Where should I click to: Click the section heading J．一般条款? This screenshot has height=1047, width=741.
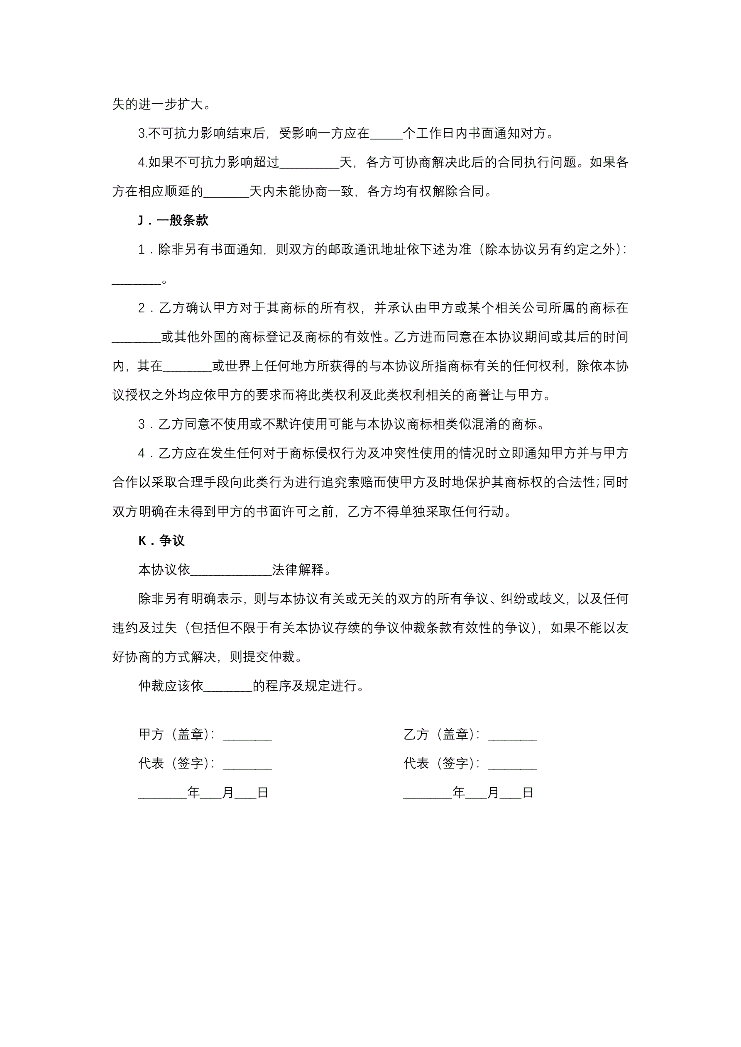174,221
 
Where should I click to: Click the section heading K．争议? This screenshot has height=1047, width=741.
161,541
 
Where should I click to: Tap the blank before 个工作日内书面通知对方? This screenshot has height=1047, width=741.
386,134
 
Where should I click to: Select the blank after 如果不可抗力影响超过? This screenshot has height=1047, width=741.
309,163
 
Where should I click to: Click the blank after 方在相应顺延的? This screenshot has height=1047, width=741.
226,192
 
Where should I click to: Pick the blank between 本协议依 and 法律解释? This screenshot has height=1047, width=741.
231,571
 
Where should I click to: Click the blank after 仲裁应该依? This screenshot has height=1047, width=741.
227,686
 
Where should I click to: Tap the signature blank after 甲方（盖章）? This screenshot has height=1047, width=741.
247,735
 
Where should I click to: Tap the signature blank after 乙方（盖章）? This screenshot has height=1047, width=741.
512,735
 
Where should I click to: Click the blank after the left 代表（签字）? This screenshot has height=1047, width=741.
247,764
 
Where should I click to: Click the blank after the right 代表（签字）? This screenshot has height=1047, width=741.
512,764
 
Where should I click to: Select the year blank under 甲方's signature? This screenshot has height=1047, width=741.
162,793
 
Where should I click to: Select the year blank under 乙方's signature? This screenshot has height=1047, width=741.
428,793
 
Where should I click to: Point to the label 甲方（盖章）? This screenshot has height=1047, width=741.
176,735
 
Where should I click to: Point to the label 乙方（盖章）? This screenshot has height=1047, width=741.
441,735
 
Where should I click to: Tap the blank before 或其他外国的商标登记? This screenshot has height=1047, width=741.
137,337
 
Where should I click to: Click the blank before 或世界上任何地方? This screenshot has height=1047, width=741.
187,366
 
